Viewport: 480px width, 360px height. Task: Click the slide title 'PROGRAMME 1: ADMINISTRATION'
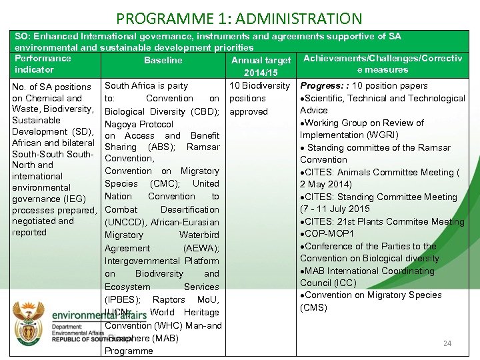pos(239,19)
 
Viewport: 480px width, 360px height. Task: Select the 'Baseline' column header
pos(163,60)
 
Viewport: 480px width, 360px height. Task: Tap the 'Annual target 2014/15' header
pos(261,66)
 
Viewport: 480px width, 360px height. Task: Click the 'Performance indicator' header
pos(43,63)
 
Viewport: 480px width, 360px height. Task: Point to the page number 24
pos(447,343)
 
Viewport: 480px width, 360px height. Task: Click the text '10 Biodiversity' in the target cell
pos(259,85)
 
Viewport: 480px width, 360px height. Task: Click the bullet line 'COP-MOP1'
pos(329,233)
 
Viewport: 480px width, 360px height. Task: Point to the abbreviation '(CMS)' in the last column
pos(314,307)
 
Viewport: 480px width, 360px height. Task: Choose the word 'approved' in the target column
pos(249,111)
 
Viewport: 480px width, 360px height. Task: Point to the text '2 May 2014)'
pos(325,184)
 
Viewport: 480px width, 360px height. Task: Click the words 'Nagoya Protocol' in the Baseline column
pos(139,124)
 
